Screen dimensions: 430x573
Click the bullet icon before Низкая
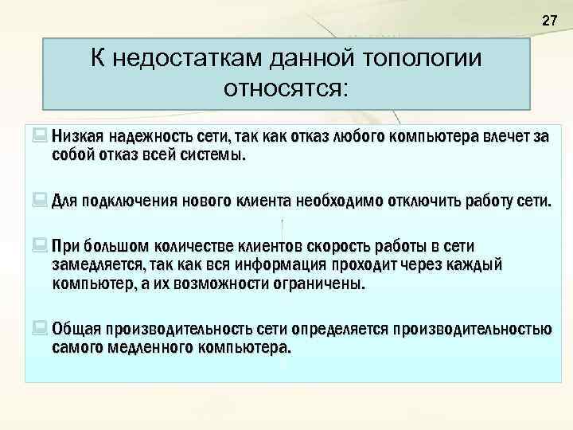tap(41, 136)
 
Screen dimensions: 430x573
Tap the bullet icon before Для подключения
tap(41, 196)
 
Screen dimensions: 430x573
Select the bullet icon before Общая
tap(41, 328)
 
